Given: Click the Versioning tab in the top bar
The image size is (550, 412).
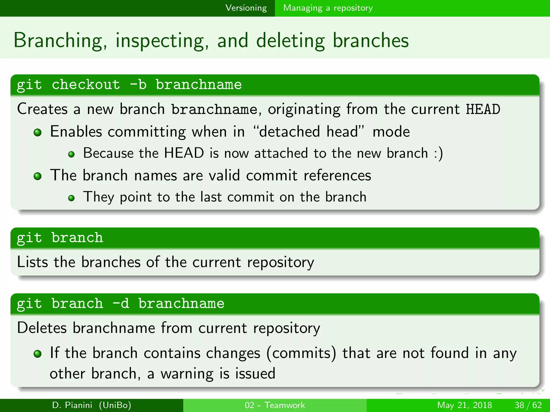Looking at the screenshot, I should point(246,8).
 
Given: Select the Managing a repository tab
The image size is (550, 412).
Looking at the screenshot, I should point(328,8).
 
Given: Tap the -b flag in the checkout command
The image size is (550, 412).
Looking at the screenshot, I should point(138,85).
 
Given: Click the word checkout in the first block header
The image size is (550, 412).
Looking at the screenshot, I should point(86,85).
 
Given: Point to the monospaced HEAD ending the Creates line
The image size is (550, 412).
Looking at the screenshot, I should point(483,109).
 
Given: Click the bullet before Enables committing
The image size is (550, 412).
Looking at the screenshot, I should point(38,132).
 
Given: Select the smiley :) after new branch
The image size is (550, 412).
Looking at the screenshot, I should point(438,154).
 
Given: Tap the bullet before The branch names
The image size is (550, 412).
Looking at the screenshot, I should point(38,176).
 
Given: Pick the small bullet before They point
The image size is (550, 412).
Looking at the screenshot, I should point(71,198).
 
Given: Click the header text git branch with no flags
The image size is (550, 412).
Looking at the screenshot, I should point(60,238).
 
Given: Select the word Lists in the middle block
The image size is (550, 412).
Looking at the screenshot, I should point(32,262).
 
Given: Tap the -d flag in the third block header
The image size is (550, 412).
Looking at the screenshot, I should point(121,304).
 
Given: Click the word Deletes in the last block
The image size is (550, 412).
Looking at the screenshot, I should point(42,328).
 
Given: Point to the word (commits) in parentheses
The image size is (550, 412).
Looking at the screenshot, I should point(301,353).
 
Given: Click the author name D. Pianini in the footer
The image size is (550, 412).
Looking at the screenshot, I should point(72,405).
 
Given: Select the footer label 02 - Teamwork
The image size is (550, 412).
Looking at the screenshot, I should point(275,405).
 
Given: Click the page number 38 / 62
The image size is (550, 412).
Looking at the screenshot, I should point(528,405).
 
